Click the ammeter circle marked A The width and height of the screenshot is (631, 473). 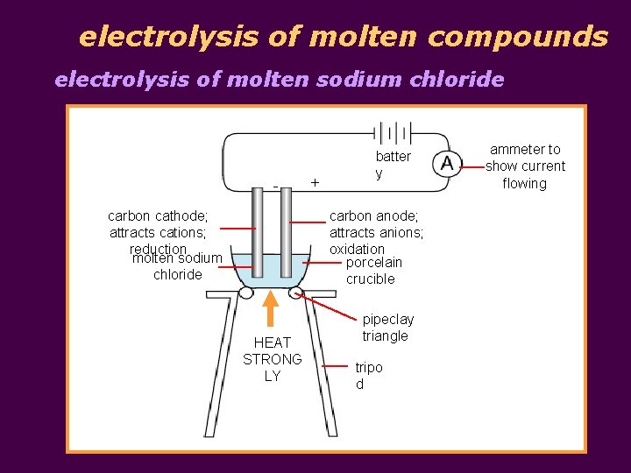click(447, 164)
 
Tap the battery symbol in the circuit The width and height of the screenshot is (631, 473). click(393, 133)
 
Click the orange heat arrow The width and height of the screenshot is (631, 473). click(272, 307)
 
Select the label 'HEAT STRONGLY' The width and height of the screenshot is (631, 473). click(273, 359)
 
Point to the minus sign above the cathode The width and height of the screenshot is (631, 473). click(275, 185)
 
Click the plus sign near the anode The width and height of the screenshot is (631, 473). click(315, 182)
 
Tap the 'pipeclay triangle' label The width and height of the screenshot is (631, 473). click(387, 328)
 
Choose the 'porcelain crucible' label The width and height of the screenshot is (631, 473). click(373, 271)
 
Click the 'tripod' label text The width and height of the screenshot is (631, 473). click(369, 376)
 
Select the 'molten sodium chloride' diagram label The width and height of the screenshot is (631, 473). click(177, 266)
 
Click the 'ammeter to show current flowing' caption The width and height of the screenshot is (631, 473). click(525, 166)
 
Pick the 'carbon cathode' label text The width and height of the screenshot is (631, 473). click(158, 216)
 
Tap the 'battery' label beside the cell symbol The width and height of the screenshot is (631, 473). click(392, 165)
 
